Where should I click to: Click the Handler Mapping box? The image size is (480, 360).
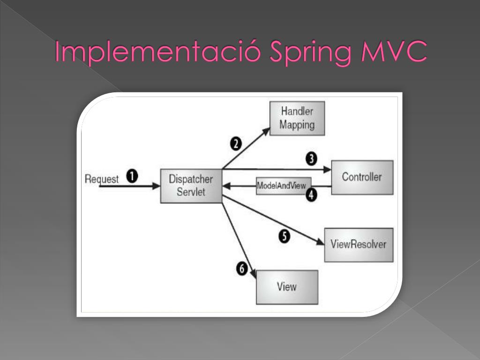click(297, 119)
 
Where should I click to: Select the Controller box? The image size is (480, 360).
click(362, 177)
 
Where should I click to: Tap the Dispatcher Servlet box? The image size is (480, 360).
click(191, 186)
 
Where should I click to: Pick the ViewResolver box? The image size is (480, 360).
click(359, 245)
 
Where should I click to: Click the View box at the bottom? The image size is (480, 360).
click(287, 287)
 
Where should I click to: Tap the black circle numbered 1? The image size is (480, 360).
click(133, 177)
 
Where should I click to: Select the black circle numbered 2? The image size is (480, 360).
click(236, 143)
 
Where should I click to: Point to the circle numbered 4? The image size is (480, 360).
click(312, 195)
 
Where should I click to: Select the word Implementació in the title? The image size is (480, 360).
click(158, 52)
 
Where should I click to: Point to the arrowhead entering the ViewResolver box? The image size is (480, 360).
click(321, 243)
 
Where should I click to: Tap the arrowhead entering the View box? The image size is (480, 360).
click(253, 275)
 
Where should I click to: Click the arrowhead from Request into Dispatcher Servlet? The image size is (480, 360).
click(156, 186)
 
